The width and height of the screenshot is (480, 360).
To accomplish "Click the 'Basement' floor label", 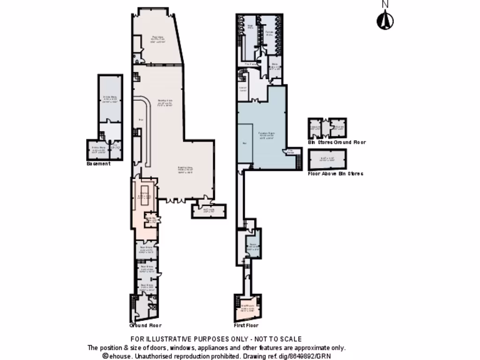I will coord(98,164).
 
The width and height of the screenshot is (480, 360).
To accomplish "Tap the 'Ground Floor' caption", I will coord(145,325).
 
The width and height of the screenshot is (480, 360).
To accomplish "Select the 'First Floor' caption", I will coord(246,325).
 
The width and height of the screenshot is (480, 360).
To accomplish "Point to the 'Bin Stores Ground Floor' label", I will coord(337,142).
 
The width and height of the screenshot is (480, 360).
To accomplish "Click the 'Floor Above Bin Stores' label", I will coord(335,173).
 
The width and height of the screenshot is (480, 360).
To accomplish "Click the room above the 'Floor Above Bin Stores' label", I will coord(327,160).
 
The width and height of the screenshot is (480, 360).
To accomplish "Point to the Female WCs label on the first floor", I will coord(269,32).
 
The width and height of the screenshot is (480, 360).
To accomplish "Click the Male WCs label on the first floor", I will coord(250,27).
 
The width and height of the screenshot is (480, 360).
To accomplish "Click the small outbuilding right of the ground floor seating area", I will coord(209,211).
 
